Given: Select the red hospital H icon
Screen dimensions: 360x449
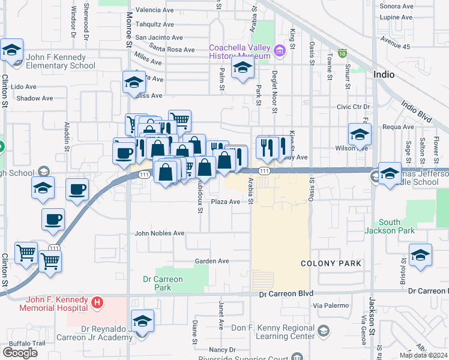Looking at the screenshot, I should click(97, 303).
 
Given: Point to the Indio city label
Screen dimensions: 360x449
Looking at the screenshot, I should click(384, 75).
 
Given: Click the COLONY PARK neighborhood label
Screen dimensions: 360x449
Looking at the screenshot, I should click(331, 263).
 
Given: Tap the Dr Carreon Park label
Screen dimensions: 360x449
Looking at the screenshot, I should click(163, 283).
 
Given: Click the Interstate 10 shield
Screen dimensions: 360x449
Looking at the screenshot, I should click(343, 53).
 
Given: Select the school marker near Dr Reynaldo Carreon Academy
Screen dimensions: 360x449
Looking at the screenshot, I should click(143, 321).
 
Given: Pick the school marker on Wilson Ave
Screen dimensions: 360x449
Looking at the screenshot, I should click(360, 134).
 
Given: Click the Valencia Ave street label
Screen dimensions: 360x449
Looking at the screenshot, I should click(154, 10).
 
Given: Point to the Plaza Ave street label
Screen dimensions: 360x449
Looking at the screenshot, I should click(225, 202).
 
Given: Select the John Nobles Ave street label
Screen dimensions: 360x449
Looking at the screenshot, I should click(159, 233).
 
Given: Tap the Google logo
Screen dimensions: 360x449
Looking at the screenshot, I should click(20, 353).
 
